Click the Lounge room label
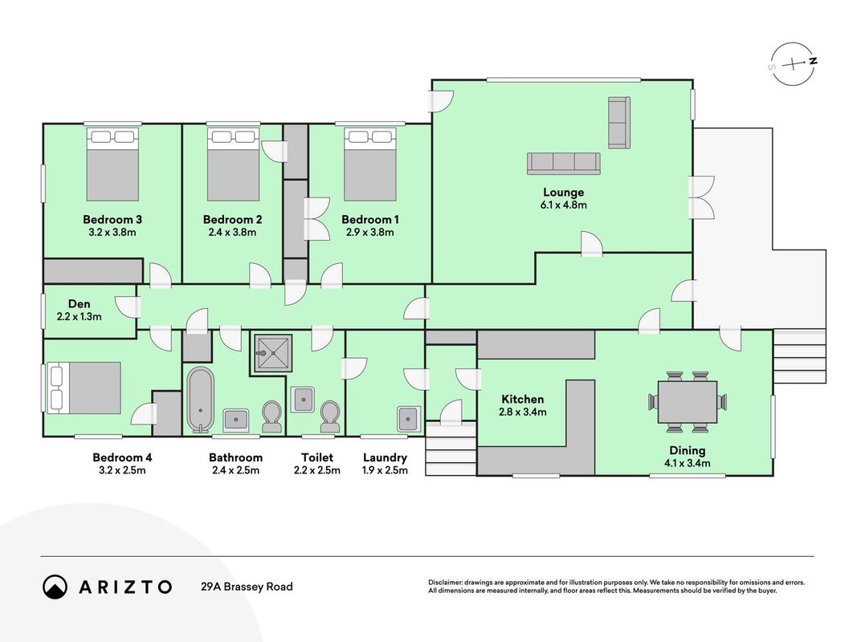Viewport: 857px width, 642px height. [x=563, y=192]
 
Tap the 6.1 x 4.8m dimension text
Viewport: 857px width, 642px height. [x=563, y=205]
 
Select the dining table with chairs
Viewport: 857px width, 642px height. [x=688, y=402]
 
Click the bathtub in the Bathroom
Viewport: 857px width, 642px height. [x=200, y=400]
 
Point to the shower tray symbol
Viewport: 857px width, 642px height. [x=272, y=353]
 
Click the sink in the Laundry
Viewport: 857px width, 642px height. [x=409, y=419]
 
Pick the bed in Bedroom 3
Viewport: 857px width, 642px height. [x=112, y=165]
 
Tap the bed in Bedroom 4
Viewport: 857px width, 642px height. [x=84, y=388]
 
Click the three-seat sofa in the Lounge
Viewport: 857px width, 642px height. [x=564, y=164]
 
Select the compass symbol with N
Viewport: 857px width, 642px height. [x=793, y=64]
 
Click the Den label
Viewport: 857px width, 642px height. [x=80, y=304]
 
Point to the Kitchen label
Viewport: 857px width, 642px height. [x=523, y=399]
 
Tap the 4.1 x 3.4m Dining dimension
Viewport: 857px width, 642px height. [x=687, y=464]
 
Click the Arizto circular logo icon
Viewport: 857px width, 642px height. [x=55, y=587]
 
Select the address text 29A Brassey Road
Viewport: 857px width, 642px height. [x=247, y=587]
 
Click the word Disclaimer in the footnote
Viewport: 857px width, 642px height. [x=445, y=583]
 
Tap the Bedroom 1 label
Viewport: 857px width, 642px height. [x=370, y=219]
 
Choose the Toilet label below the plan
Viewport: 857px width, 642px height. [x=317, y=457]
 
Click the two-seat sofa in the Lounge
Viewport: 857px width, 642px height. [x=619, y=122]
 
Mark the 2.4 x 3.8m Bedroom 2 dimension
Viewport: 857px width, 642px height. [x=232, y=233]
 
